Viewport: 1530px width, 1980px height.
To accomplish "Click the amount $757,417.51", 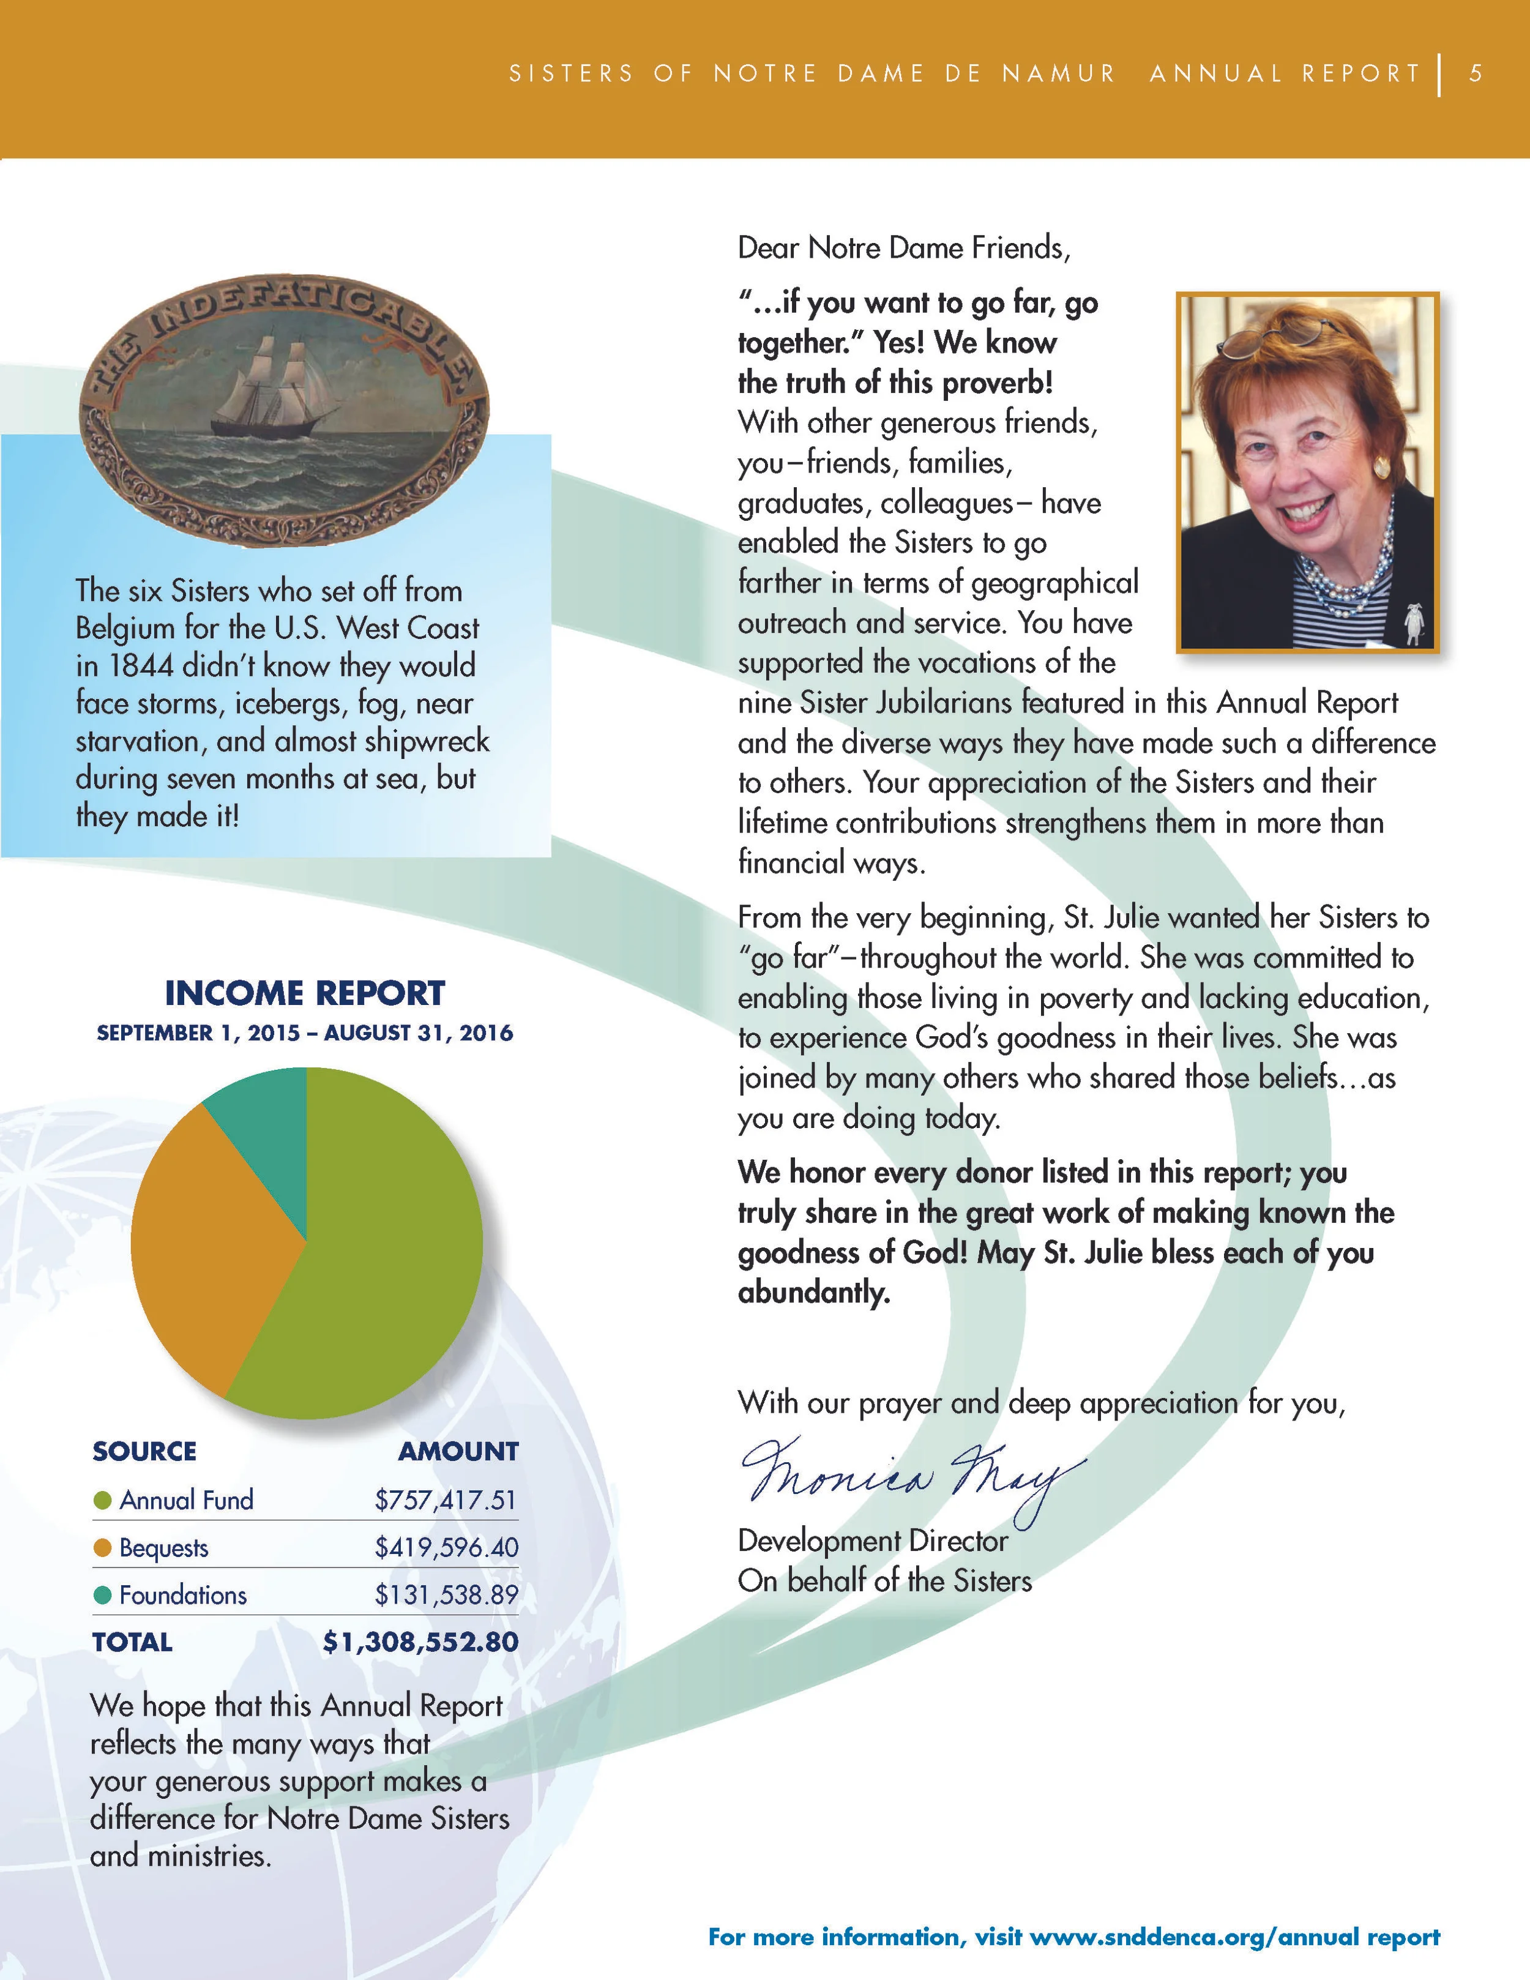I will point(445,1500).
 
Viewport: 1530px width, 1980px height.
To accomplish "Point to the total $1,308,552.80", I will point(420,1642).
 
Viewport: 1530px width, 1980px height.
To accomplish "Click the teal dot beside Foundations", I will point(102,1594).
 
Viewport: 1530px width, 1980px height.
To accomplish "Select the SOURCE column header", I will point(144,1451).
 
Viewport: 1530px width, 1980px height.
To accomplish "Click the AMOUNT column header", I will point(458,1451).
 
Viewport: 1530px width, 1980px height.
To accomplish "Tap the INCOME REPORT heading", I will point(305,993).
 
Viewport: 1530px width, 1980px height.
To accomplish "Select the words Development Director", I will point(872,1541).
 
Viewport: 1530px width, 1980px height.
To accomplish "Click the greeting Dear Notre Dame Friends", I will point(903,247).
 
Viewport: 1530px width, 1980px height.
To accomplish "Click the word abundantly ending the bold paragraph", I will point(813,1292).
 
